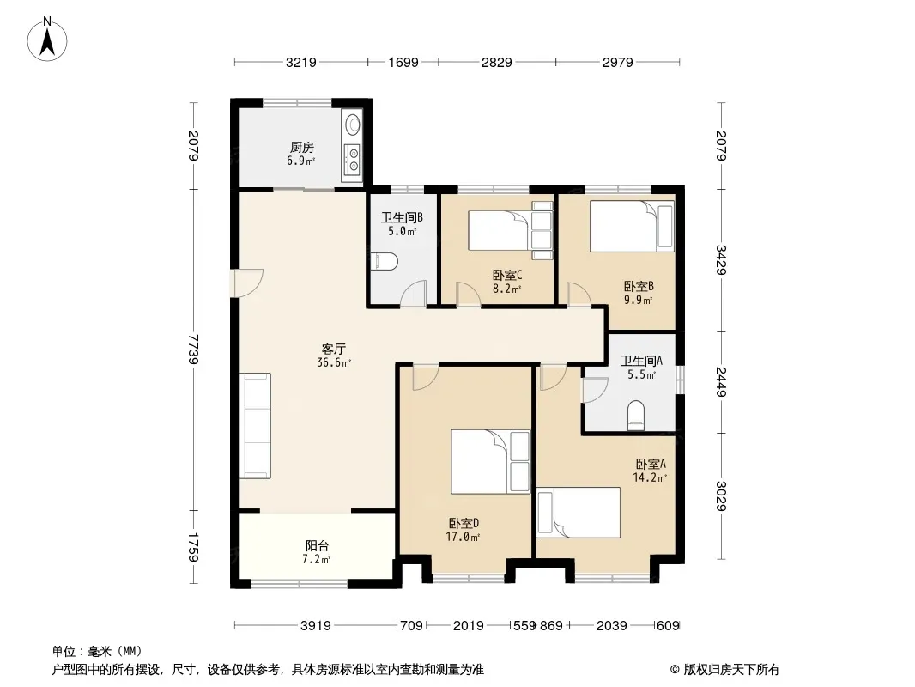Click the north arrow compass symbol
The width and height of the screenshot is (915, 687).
pyautogui.click(x=47, y=39)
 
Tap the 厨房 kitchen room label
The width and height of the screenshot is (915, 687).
pyautogui.click(x=301, y=148)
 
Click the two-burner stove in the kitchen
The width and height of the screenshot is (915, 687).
pyautogui.click(x=353, y=160)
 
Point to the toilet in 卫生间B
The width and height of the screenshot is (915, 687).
pyautogui.click(x=385, y=262)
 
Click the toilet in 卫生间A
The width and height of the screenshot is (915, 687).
pyautogui.click(x=636, y=415)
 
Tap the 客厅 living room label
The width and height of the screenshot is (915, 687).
pyautogui.click(x=332, y=349)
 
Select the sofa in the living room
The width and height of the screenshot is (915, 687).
pyautogui.click(x=256, y=425)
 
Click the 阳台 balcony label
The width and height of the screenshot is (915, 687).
pyautogui.click(x=317, y=546)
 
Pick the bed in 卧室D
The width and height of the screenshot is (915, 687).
pyautogui.click(x=490, y=462)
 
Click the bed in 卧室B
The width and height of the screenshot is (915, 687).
pyautogui.click(x=632, y=227)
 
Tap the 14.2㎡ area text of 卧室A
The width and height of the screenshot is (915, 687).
pyautogui.click(x=650, y=477)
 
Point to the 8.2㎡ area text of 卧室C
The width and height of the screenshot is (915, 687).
pyautogui.click(x=506, y=288)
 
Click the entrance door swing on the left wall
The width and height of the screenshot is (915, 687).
pyautogui.click(x=248, y=283)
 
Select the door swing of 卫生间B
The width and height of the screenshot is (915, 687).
pyautogui.click(x=414, y=293)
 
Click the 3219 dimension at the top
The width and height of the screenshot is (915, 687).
pyautogui.click(x=301, y=62)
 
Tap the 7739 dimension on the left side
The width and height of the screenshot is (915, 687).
pyautogui.click(x=194, y=349)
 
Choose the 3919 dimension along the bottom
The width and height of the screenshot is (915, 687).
pyautogui.click(x=316, y=626)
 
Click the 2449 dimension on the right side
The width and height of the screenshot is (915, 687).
pyautogui.click(x=721, y=382)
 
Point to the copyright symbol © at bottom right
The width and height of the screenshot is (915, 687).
pyautogui.click(x=675, y=670)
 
